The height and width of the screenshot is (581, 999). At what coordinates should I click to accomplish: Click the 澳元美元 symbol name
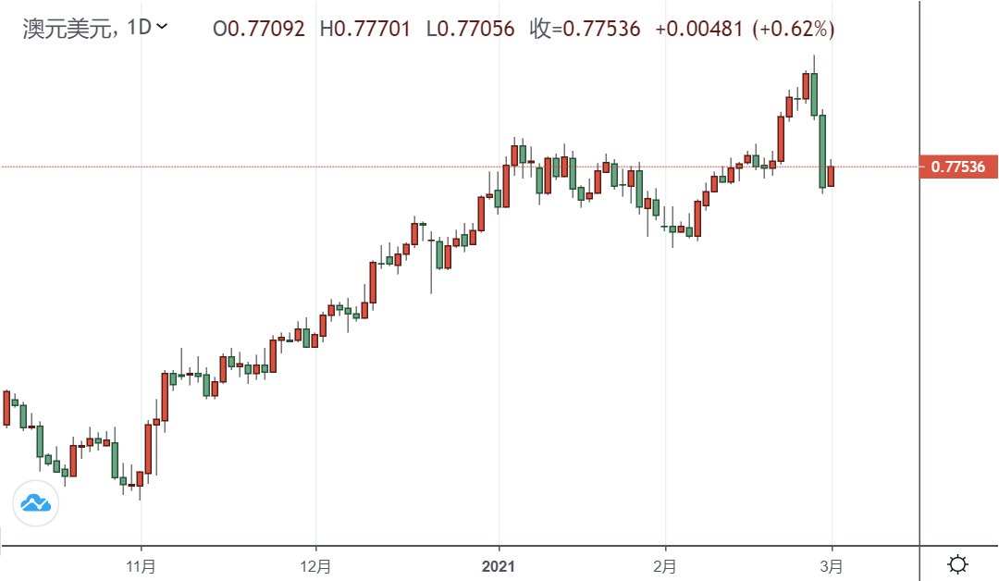tap(68, 28)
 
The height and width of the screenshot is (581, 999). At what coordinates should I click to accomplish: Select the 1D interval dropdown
tap(147, 28)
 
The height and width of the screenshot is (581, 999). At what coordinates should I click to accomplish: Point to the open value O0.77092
tap(259, 29)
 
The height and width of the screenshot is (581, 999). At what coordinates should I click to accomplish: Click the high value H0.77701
tap(365, 29)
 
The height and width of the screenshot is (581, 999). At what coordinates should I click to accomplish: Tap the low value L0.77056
tap(471, 29)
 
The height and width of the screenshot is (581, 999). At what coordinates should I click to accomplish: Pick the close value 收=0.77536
tap(585, 29)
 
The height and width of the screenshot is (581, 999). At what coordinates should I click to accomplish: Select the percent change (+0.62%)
tap(793, 29)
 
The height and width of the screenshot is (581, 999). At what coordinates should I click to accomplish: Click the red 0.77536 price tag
tap(957, 167)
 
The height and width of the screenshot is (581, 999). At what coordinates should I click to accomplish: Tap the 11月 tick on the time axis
tap(141, 564)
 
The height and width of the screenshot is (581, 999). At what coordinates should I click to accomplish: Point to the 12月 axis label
tap(315, 564)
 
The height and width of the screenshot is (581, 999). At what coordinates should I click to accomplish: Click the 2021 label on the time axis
tap(499, 564)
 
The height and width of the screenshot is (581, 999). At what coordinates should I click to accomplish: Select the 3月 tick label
tap(832, 564)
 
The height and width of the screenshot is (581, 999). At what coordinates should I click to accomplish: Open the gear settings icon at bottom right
tap(958, 563)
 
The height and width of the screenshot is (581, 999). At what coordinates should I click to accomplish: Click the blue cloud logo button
tap(35, 503)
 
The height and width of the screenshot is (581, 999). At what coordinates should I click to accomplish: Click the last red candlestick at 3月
tap(831, 176)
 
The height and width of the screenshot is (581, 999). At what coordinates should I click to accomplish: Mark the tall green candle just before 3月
tap(821, 151)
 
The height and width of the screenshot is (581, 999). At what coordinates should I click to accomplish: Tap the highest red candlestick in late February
tap(806, 86)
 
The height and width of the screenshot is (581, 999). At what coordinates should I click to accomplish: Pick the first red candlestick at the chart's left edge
tap(6, 407)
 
